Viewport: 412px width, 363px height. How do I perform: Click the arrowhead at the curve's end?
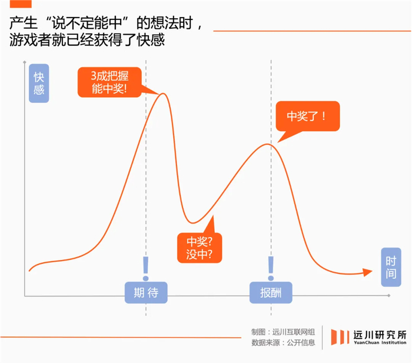point(368,272)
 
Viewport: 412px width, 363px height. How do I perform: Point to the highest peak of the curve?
point(163,93)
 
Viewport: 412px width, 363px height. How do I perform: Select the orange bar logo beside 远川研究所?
point(338,337)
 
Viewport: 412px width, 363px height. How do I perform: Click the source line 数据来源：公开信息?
point(283,342)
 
